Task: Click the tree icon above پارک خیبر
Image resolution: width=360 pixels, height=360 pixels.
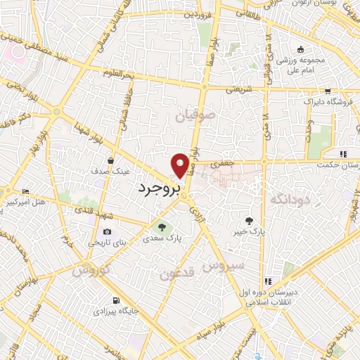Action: [x=248, y=220]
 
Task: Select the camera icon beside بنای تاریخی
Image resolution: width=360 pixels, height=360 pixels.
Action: [x=107, y=231]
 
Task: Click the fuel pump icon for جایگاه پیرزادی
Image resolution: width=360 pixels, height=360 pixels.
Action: [x=105, y=299]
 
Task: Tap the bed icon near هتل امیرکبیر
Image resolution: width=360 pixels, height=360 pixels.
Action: [x=26, y=191]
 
